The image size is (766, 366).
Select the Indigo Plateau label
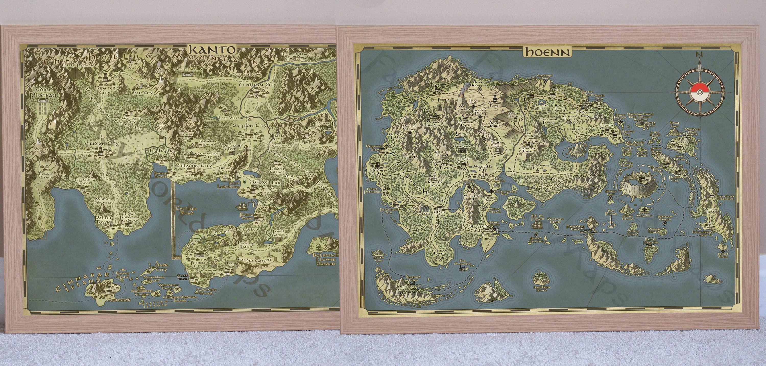43,92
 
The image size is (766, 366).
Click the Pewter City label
103,90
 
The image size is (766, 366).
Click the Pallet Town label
103,220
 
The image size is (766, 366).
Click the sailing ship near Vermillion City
243,205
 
